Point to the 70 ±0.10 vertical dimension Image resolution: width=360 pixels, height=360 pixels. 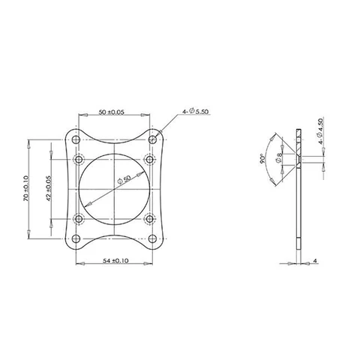click(26, 190)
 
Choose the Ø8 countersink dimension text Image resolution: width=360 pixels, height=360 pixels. click(280, 160)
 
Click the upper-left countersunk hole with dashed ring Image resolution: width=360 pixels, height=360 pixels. click(78, 158)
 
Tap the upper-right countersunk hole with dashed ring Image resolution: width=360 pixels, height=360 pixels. click(151, 158)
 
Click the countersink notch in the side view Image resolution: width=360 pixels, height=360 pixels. click(296, 158)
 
